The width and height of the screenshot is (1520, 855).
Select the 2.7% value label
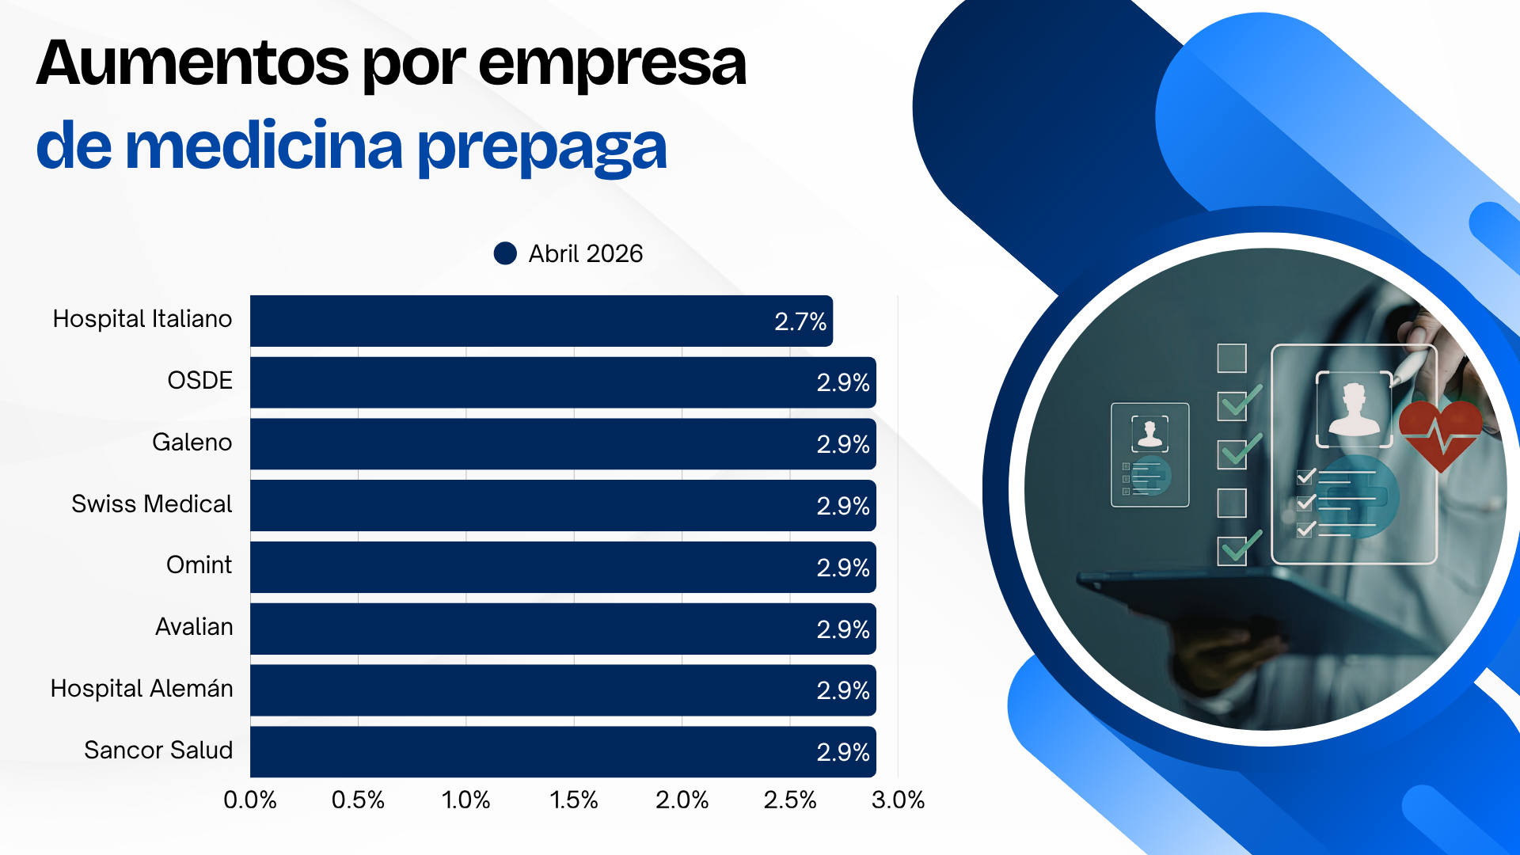800,321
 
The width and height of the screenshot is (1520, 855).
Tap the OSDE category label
199,380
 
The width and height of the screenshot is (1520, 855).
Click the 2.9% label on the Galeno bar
842,444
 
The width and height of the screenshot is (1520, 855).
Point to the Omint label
199,564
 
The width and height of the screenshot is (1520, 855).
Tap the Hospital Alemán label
142,688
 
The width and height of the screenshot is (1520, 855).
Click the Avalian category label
194,626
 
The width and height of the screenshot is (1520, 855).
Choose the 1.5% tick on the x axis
574,800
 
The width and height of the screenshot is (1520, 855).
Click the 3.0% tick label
898,800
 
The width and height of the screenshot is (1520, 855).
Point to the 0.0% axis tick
250,800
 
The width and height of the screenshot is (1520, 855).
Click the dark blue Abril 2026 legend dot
505,253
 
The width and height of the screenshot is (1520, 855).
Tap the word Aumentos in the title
192,63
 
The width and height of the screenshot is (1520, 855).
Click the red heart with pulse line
1440,432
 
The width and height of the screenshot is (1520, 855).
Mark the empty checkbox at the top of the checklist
1231,358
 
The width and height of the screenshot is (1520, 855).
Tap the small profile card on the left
1149,454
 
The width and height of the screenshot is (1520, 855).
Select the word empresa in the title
612,63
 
